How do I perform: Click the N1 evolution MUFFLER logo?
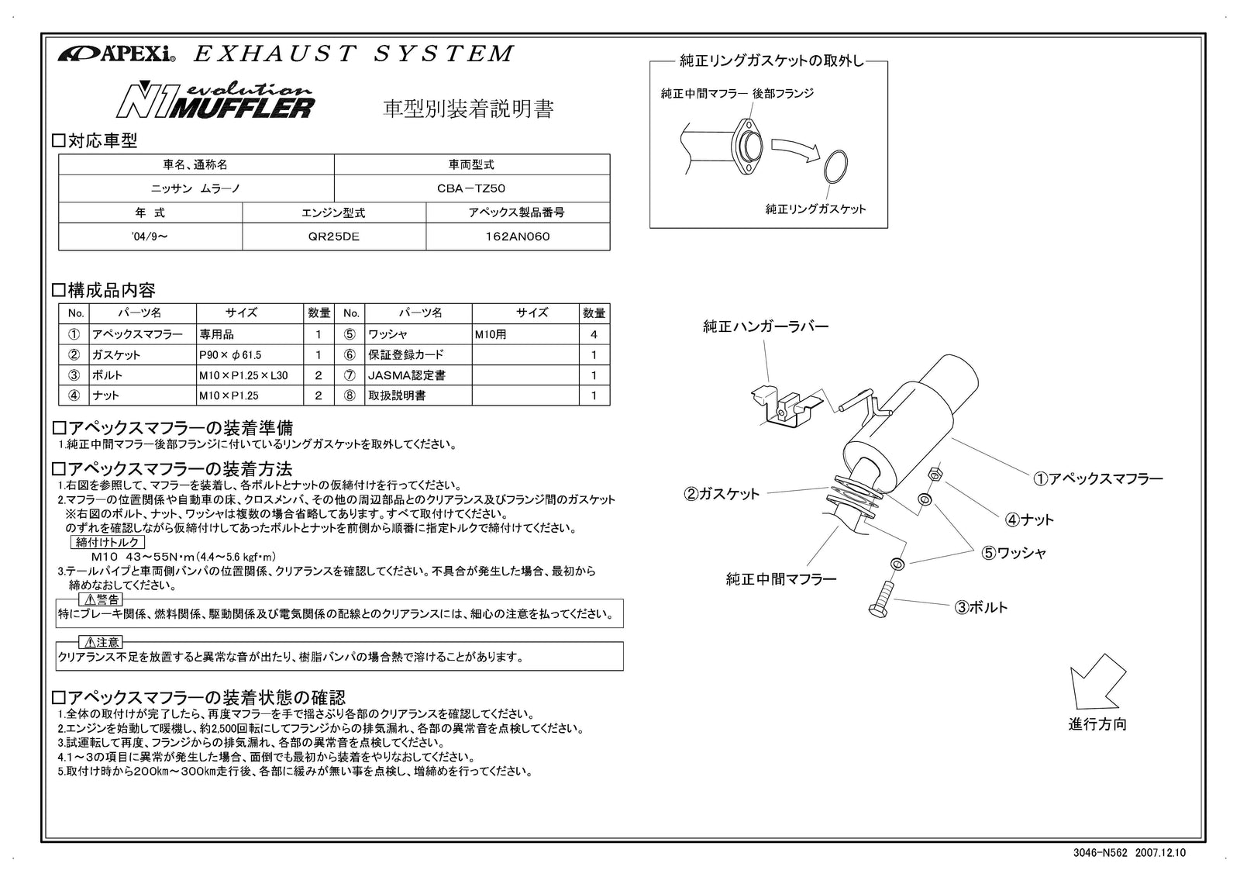click(215, 101)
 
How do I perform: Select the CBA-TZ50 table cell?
click(471, 188)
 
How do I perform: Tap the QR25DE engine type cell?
click(333, 237)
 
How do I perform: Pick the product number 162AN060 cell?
click(517, 237)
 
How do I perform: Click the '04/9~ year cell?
click(150, 237)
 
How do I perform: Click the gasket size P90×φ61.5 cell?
click(230, 355)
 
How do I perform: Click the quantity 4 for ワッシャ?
click(594, 335)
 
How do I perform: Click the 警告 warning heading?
click(102, 599)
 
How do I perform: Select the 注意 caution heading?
click(102, 642)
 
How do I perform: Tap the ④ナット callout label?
click(1030, 520)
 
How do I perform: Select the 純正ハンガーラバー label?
click(766, 326)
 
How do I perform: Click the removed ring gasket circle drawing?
click(834, 166)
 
